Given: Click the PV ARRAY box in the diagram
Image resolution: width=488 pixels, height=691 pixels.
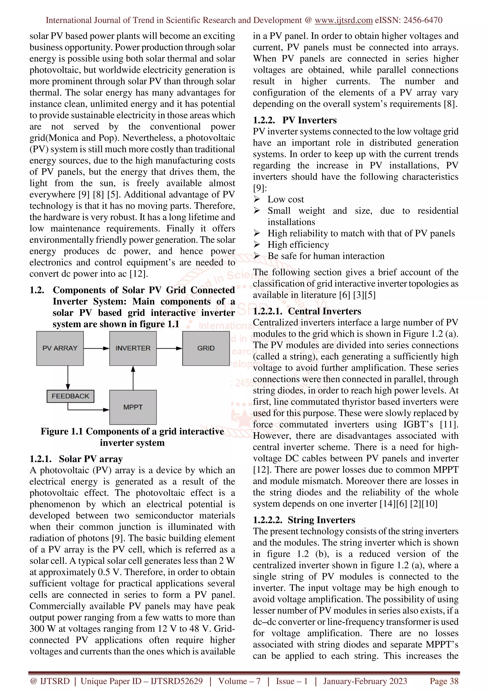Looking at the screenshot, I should pyautogui.click(x=60, y=348).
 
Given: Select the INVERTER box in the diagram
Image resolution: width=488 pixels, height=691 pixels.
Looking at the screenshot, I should pyautogui.click(x=133, y=348).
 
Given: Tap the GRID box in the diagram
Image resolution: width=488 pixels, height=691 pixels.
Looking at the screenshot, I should pyautogui.click(x=206, y=348).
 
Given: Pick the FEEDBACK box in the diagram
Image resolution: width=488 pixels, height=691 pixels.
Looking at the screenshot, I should pyautogui.click(x=70, y=396).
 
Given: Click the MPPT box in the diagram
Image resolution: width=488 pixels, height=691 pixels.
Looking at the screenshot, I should pyautogui.click(x=133, y=407).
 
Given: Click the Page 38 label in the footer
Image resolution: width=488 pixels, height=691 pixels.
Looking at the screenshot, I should pyautogui.click(x=444, y=681).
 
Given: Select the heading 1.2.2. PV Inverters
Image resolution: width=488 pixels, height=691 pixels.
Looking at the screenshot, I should pyautogui.click(x=295, y=120).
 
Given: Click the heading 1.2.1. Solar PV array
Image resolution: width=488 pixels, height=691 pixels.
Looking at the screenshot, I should pyautogui.click(x=76, y=459).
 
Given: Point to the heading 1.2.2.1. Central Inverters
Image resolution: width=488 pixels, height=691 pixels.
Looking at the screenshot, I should pyautogui.click(x=307, y=311).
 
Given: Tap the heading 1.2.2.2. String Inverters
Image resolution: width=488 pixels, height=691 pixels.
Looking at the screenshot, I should pyautogui.click(x=304, y=520).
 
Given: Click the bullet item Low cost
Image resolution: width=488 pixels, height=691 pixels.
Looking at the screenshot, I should pyautogui.click(x=286, y=199).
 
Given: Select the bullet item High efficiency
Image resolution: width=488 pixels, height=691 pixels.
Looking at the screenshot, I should pyautogui.click(x=298, y=245).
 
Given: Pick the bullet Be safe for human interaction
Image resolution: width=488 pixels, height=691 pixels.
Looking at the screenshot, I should pyautogui.click(x=326, y=256).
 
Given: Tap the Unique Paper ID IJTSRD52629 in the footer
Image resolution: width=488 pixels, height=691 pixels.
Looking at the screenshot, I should pyautogui.click(x=142, y=681).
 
